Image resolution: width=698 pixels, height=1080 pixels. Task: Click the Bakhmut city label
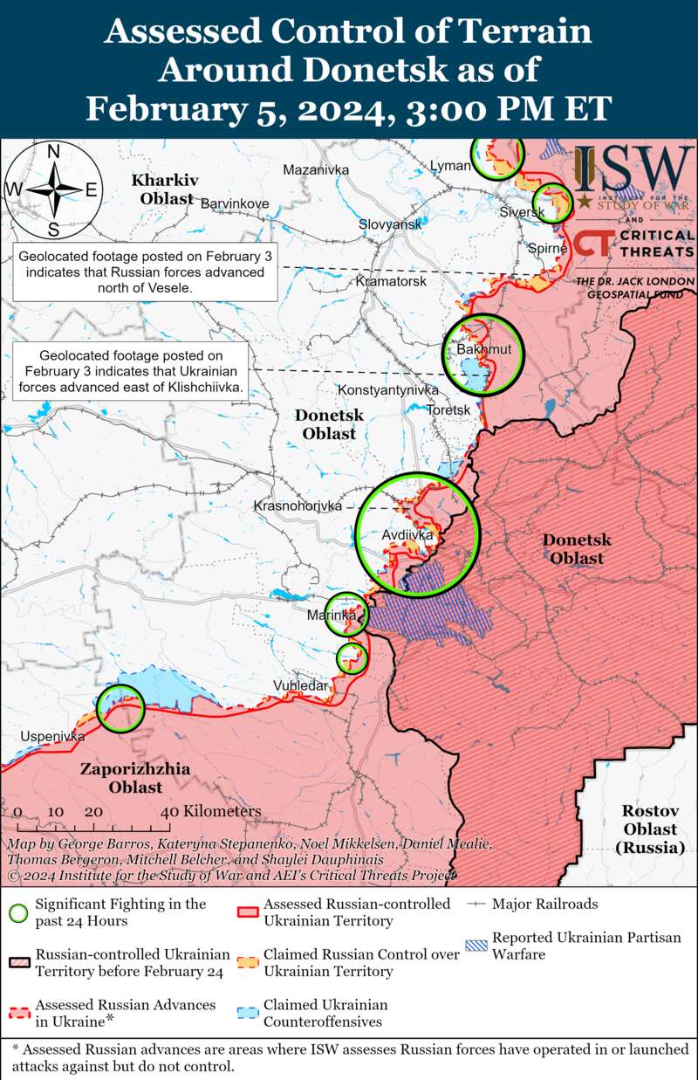[x=478, y=349]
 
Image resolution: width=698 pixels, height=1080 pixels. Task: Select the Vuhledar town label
[x=301, y=685]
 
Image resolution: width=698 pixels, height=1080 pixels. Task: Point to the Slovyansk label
[x=390, y=224]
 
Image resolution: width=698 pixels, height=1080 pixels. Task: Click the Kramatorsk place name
[x=391, y=282]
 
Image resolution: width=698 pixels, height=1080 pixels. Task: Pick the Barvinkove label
[x=235, y=203]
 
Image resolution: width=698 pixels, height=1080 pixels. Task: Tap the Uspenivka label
[x=52, y=737]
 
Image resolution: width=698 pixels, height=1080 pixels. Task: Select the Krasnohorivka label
[x=298, y=506]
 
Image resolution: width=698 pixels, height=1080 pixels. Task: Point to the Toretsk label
[x=449, y=409]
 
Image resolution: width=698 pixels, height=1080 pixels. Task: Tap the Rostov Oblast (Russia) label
[x=651, y=829]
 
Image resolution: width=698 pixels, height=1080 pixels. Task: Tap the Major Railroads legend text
[x=545, y=904]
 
